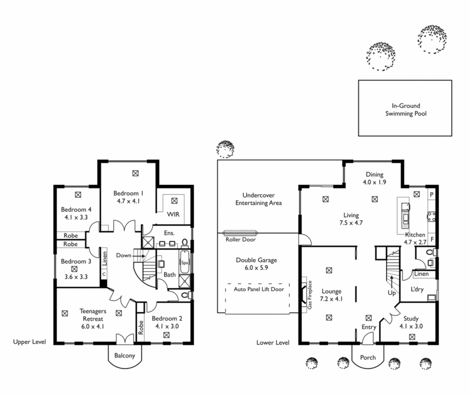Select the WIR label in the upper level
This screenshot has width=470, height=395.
coord(173,214)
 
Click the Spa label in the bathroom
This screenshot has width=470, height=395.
coord(184,262)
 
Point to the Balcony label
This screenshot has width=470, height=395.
coord(125,356)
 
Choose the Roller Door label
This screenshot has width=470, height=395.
coord(239,239)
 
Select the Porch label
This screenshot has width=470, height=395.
coord(369,356)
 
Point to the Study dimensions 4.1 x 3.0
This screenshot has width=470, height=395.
coord(411,326)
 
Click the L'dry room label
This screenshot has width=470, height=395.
coord(417,290)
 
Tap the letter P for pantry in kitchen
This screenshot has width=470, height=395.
coord(431,194)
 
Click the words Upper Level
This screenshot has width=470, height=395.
coord(30,342)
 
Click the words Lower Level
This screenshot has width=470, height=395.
coord(273,342)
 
